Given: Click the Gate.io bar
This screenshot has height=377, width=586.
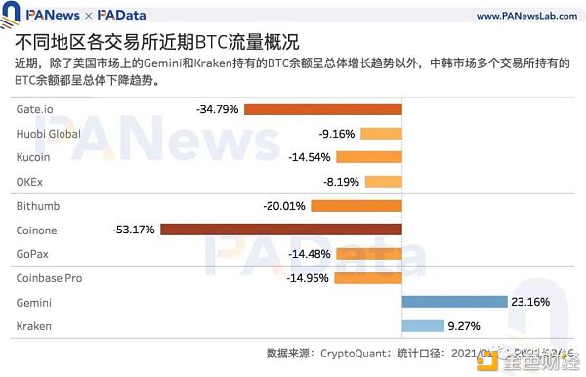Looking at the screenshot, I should pyautogui.click(x=322, y=109).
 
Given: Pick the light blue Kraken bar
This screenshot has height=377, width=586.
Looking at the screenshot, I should pyautogui.click(x=423, y=326).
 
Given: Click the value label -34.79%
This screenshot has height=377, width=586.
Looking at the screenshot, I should pyautogui.click(x=217, y=109).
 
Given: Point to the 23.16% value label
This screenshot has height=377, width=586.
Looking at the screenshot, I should pyautogui.click(x=533, y=302).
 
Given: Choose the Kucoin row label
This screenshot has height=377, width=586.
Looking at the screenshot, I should pyautogui.click(x=34, y=157).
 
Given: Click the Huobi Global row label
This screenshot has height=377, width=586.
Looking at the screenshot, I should pyautogui.click(x=48, y=134).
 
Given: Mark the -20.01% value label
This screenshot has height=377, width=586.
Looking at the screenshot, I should pyautogui.click(x=284, y=206).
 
